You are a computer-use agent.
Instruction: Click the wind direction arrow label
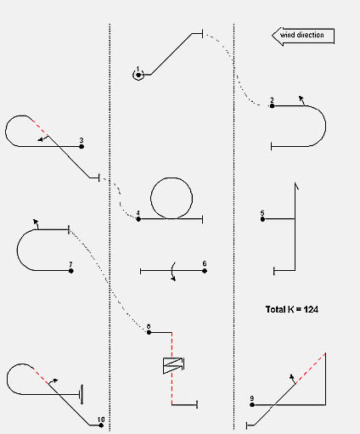point(303,36)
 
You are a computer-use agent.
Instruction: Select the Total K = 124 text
point(292,309)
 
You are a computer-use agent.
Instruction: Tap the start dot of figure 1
point(138,75)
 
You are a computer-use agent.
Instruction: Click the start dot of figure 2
point(272,106)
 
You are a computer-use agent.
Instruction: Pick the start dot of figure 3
point(82,146)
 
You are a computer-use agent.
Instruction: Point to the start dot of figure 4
point(138,219)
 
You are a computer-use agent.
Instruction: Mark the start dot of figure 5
point(262,219)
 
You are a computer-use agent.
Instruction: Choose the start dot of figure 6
point(205,271)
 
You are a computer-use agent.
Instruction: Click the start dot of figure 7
point(71,271)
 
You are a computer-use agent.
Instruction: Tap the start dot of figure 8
point(149,332)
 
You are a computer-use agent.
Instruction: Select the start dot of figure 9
point(252,405)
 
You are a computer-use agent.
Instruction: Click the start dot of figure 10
point(101,425)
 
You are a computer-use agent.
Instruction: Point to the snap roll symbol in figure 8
point(173,365)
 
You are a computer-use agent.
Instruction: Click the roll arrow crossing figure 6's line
point(173,272)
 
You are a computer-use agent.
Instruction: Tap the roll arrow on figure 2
point(301,100)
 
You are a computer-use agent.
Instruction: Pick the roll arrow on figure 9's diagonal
point(293,379)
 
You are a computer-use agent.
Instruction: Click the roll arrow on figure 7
point(36,224)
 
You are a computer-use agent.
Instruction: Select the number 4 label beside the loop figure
point(138,213)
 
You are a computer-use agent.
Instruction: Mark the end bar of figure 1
point(202,34)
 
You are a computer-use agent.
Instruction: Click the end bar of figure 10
point(82,394)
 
